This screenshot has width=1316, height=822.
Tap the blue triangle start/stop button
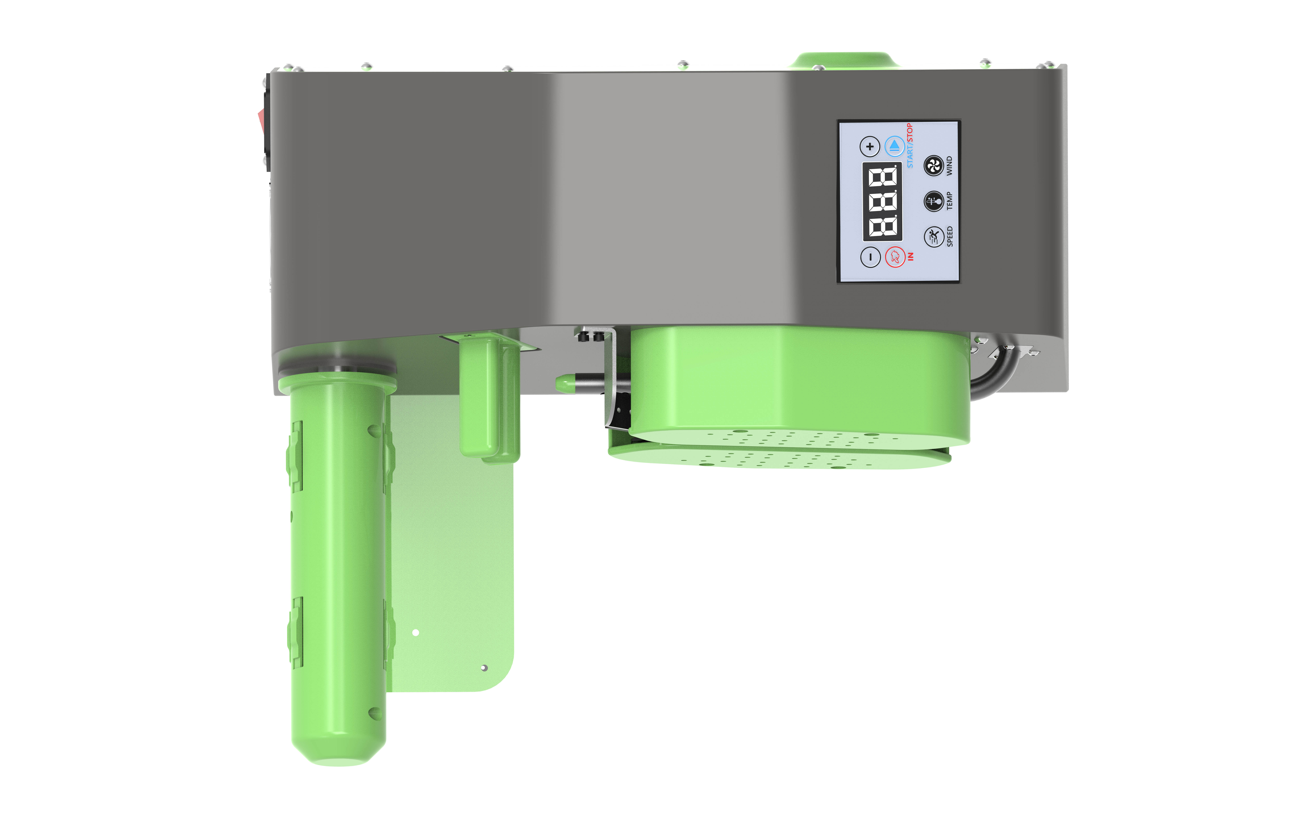[x=895, y=146]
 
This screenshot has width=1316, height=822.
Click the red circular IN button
[x=895, y=257]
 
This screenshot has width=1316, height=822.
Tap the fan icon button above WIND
[x=934, y=166]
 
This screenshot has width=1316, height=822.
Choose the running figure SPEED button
[x=934, y=236]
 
